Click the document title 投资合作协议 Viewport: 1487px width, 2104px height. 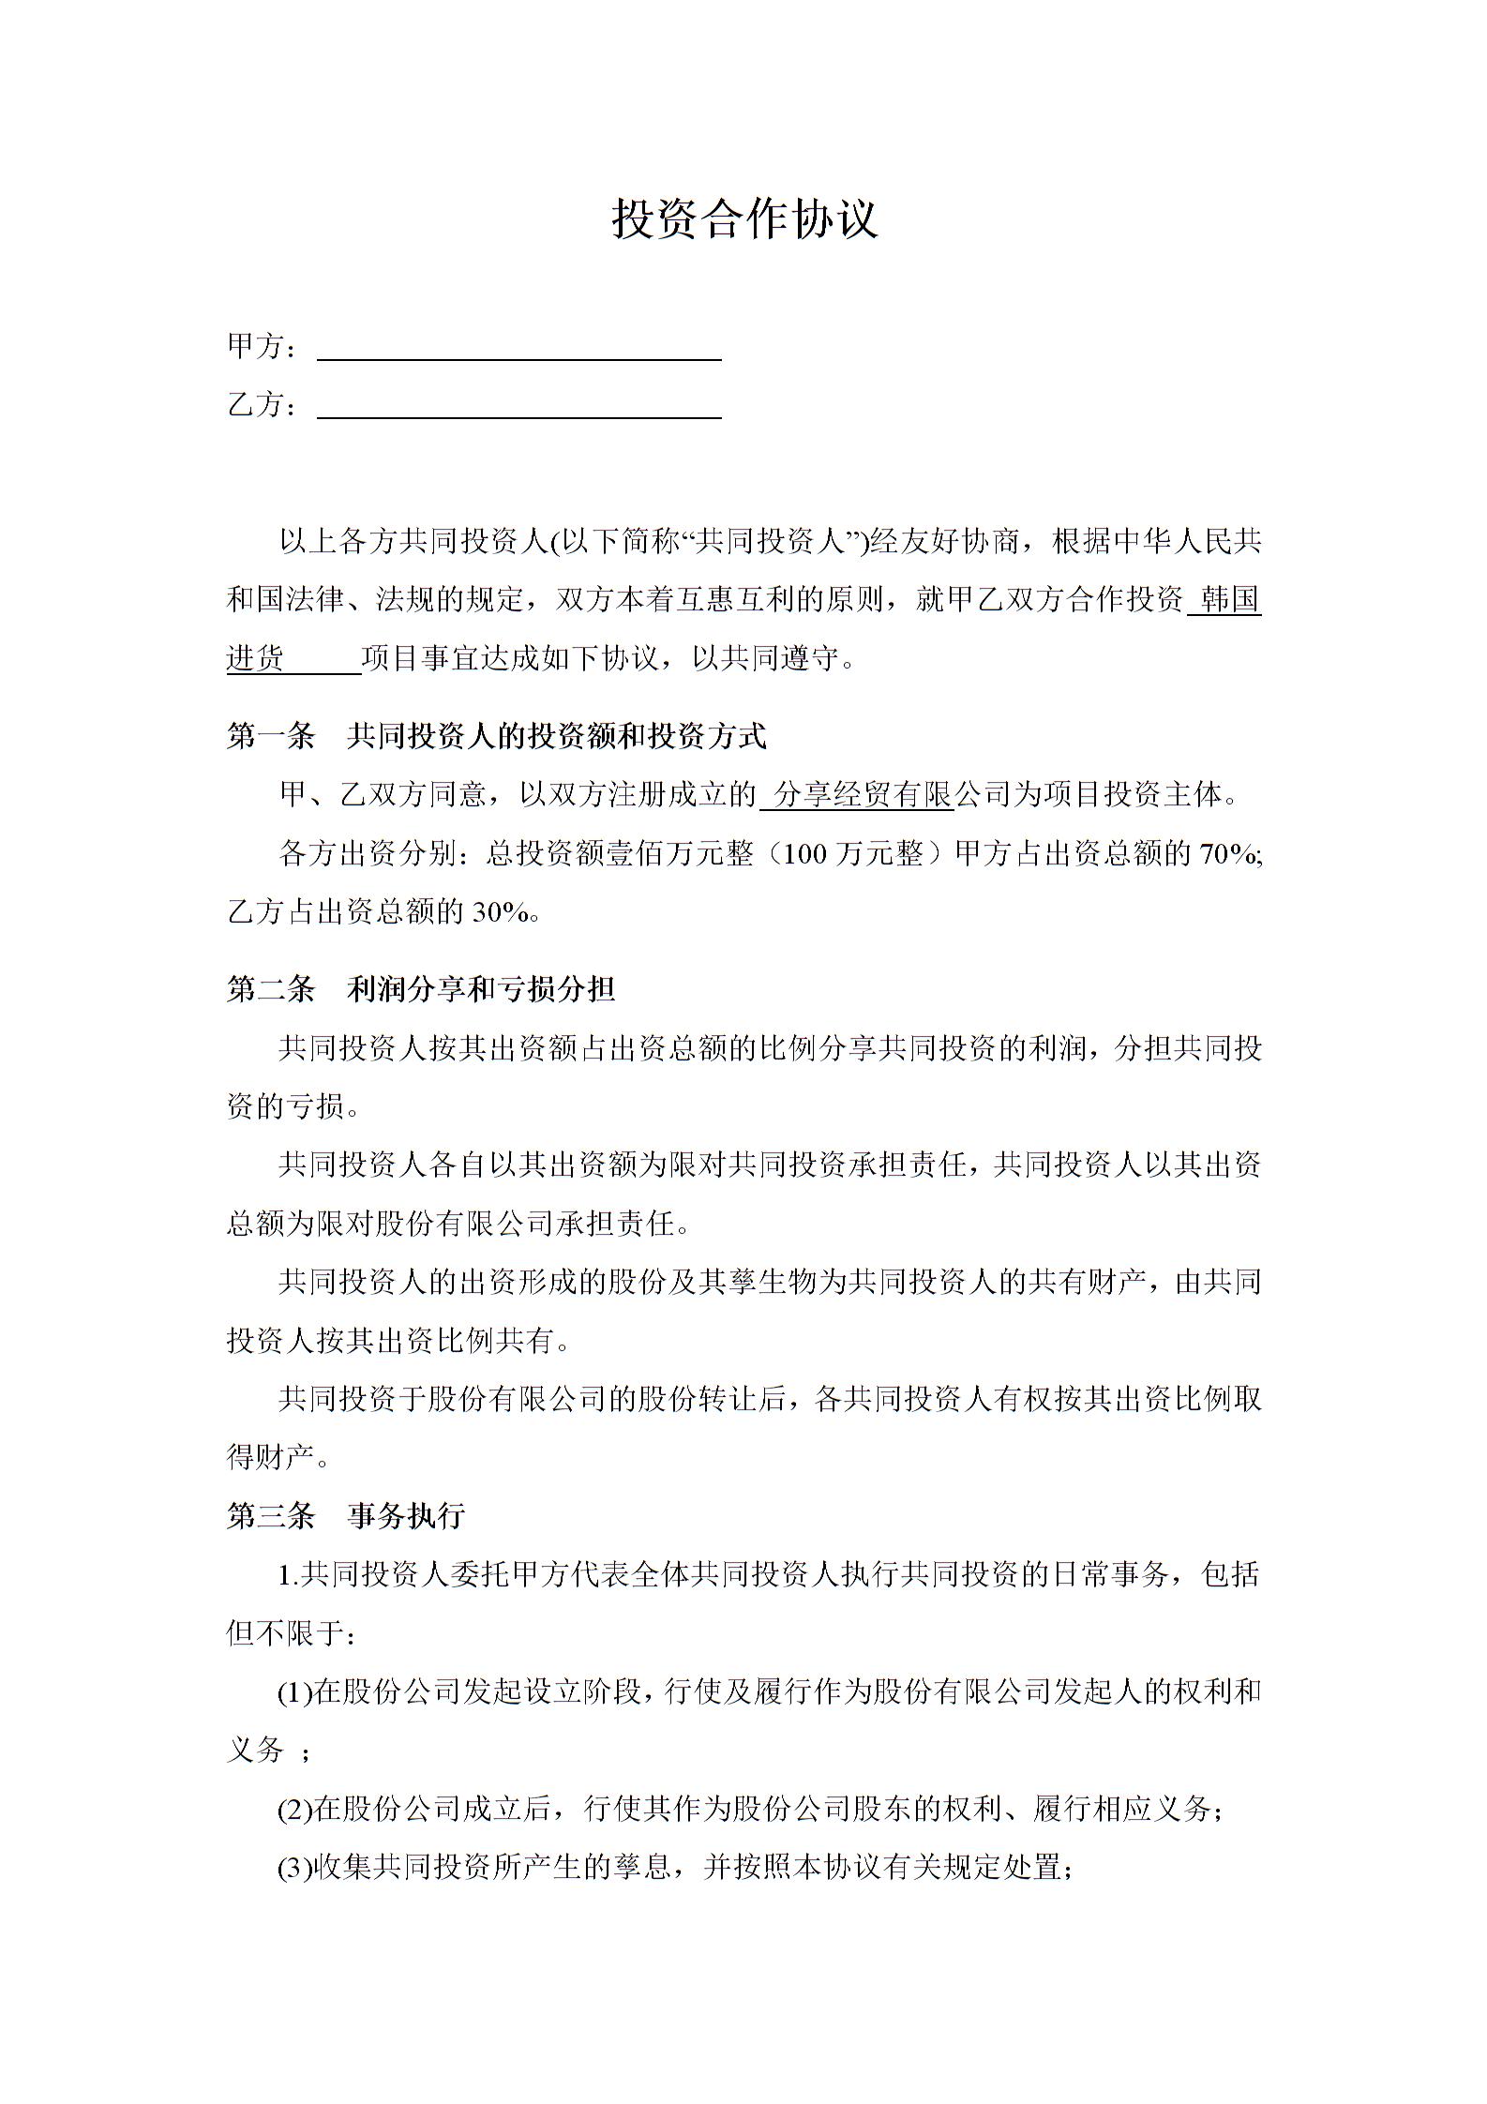[744, 218]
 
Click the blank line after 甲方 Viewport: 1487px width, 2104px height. [518, 349]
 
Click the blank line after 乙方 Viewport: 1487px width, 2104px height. [518, 407]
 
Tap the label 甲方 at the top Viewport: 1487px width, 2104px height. [255, 347]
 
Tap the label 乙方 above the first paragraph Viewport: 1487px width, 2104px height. [255, 405]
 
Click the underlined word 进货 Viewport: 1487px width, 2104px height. [256, 658]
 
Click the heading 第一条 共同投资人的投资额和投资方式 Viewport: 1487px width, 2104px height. [496, 737]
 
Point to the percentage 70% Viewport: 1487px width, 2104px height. [1226, 854]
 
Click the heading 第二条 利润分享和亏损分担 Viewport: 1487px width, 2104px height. [420, 989]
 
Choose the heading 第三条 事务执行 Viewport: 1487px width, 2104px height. [345, 1516]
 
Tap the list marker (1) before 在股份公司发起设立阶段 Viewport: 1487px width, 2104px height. [294, 1692]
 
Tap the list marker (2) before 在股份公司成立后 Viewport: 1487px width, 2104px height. [294, 1809]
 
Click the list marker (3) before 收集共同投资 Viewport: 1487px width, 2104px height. [294, 1867]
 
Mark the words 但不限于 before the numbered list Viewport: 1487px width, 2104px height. [286, 1633]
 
